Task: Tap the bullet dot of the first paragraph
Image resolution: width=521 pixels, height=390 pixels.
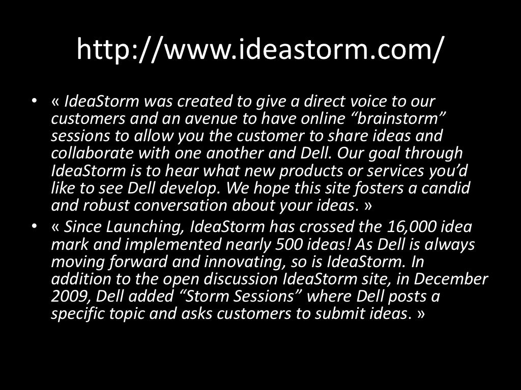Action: tap(34, 101)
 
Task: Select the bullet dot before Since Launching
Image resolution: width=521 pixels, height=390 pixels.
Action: tap(34, 227)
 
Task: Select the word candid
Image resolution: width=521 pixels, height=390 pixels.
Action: tap(445, 188)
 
